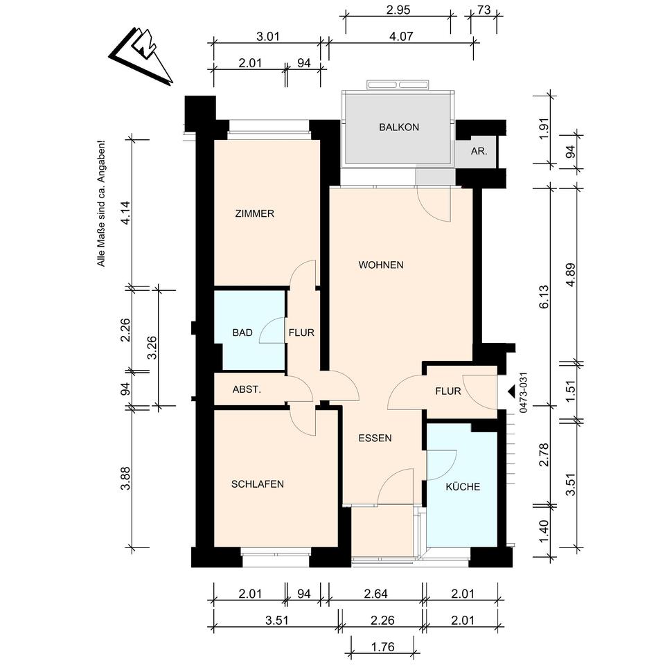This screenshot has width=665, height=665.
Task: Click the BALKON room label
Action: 399,127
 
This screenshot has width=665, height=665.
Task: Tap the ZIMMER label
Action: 254,214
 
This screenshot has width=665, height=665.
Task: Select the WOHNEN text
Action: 381,265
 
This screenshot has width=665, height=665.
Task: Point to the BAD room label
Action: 242,333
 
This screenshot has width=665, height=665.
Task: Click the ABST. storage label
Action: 247,389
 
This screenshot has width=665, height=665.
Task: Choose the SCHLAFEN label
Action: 258,484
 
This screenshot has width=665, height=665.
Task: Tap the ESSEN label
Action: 375,438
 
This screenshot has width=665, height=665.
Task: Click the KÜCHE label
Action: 463,486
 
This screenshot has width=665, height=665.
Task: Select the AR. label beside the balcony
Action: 479,151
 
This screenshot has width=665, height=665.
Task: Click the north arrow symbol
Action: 142,54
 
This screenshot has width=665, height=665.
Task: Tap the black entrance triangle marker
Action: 511,391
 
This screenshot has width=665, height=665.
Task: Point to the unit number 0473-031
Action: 524,392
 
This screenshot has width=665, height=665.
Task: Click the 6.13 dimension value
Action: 544,296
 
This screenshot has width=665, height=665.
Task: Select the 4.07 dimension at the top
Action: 401,37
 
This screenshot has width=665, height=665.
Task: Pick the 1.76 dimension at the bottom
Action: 382,647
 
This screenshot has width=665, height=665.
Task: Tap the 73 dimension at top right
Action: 484,10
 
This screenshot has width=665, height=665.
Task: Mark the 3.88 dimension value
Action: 126,479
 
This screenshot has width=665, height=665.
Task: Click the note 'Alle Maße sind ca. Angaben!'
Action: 101,205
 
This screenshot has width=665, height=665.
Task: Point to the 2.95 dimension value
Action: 398,10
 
